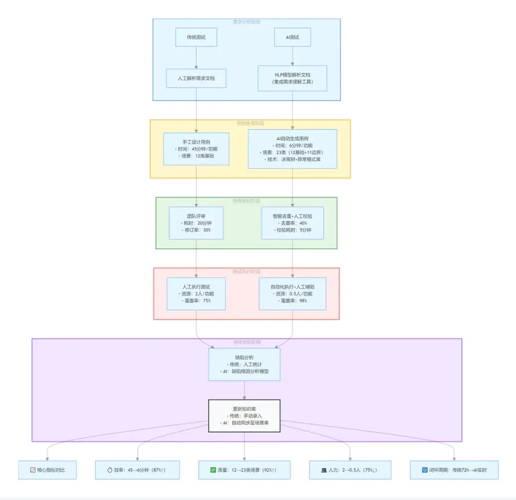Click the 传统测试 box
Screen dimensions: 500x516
tap(196, 37)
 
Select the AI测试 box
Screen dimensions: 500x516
tap(292, 37)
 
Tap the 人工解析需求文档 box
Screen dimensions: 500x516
tap(196, 78)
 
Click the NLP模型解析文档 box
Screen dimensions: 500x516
tap(292, 78)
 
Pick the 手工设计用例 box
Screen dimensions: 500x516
tap(196, 149)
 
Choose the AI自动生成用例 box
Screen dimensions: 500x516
tap(292, 149)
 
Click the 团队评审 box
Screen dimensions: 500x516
tap(196, 222)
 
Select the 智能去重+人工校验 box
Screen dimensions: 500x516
tap(292, 222)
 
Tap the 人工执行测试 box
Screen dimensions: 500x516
tap(196, 293)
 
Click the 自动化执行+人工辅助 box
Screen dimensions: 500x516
tap(292, 293)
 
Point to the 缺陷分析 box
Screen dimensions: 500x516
tap(244, 364)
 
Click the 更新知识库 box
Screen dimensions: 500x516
tap(244, 416)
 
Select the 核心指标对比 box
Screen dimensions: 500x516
tap(47, 470)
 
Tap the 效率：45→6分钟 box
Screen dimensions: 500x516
tap(137, 470)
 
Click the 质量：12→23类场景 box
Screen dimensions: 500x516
tap(244, 470)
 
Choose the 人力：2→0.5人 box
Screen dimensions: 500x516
tap(350, 470)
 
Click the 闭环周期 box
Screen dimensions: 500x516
tap(454, 470)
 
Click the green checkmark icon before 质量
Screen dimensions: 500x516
tap(213, 470)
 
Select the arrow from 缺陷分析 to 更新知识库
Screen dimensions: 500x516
tap(244, 390)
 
